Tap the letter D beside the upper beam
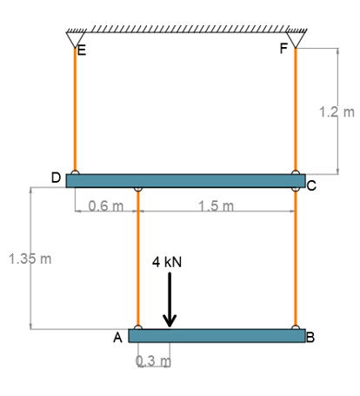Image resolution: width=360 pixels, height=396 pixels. tap(56, 178)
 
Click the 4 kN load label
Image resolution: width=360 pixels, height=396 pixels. tap(169, 261)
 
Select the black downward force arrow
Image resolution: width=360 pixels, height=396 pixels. tap(170, 301)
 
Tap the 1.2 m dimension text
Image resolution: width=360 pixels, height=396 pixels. tap(337, 112)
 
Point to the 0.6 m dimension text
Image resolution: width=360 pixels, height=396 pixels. tap(106, 206)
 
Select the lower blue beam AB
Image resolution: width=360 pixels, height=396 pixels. tap(217, 336)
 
